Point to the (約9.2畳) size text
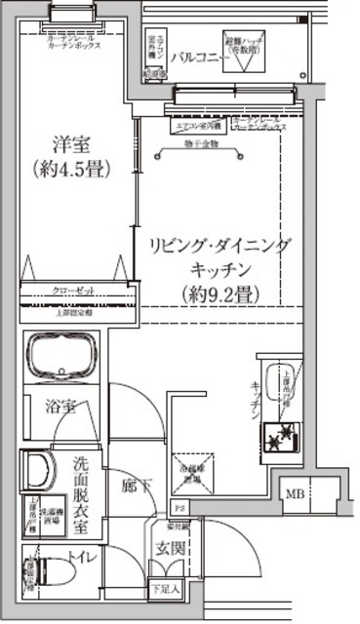click(220, 291)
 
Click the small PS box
click(179, 508)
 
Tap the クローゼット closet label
click(71, 291)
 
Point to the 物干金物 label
click(201, 145)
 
